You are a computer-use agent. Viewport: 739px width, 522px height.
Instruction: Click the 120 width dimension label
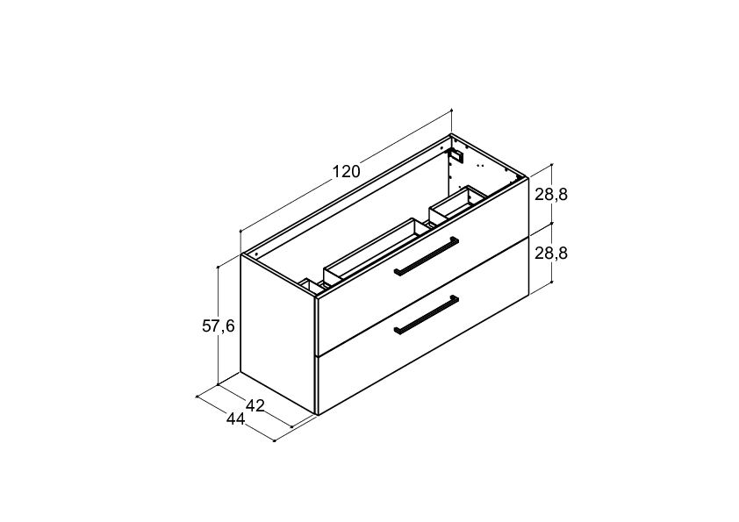click(x=347, y=172)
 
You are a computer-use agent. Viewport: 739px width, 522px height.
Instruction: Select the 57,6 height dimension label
click(x=219, y=325)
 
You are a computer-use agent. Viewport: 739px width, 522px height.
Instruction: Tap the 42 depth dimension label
click(x=255, y=405)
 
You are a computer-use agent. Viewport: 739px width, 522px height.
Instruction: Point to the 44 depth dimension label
click(x=236, y=418)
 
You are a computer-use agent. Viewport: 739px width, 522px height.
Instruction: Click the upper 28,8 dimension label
click(x=551, y=194)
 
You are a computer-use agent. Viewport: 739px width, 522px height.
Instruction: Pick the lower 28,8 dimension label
click(x=551, y=254)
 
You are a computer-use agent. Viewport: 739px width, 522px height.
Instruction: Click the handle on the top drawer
click(x=426, y=256)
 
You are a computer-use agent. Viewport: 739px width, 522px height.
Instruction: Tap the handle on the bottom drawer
click(x=426, y=315)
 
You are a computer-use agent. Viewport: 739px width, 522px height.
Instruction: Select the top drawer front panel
click(x=423, y=266)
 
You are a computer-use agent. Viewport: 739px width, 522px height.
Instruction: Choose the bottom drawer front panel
click(x=423, y=326)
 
